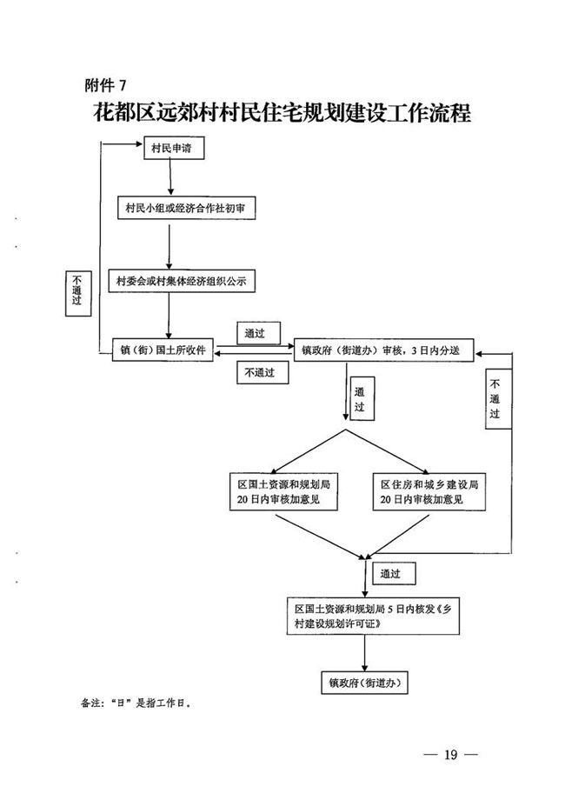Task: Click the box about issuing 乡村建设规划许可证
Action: (x=373, y=617)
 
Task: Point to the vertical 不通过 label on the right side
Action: (x=495, y=400)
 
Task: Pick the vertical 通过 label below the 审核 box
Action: (x=359, y=399)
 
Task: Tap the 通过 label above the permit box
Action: (x=391, y=573)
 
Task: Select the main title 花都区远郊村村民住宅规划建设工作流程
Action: (x=282, y=113)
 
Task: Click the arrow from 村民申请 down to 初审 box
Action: (x=172, y=178)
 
